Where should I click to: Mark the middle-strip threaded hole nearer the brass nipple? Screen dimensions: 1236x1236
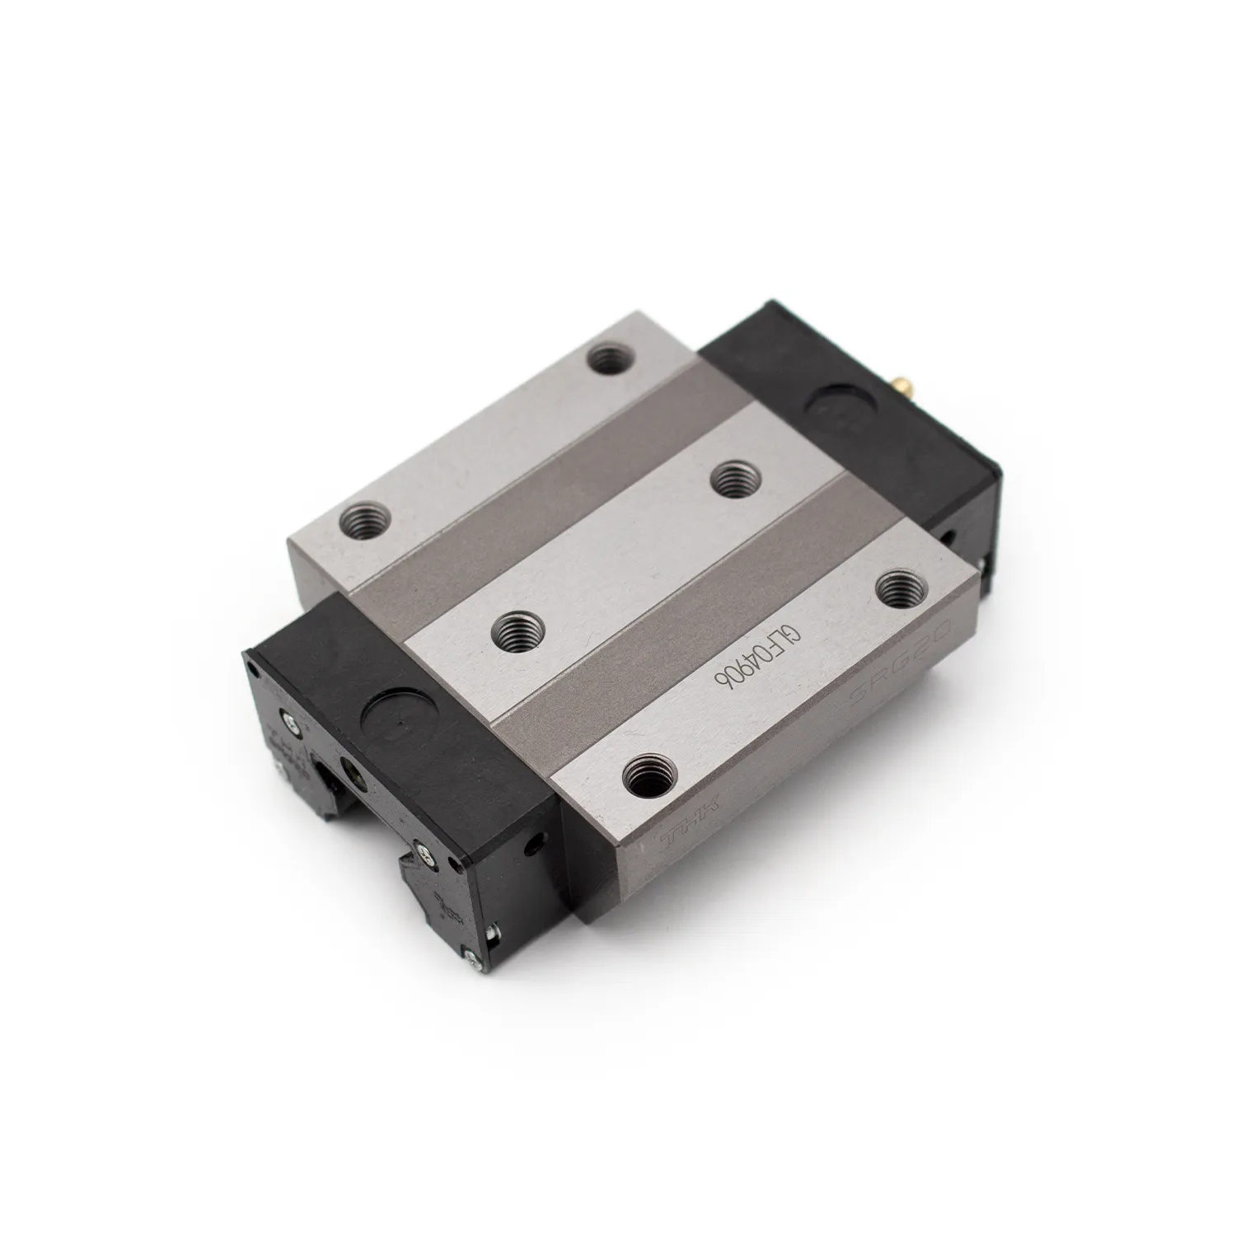click(731, 478)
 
